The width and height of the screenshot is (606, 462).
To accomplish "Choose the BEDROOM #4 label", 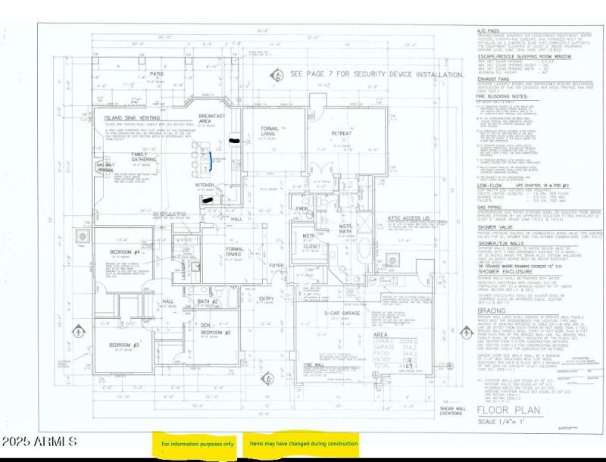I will pos(125,251).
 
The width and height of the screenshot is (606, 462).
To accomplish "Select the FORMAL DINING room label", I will pos(235,251).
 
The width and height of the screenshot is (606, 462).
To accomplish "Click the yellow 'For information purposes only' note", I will pos(197,443).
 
